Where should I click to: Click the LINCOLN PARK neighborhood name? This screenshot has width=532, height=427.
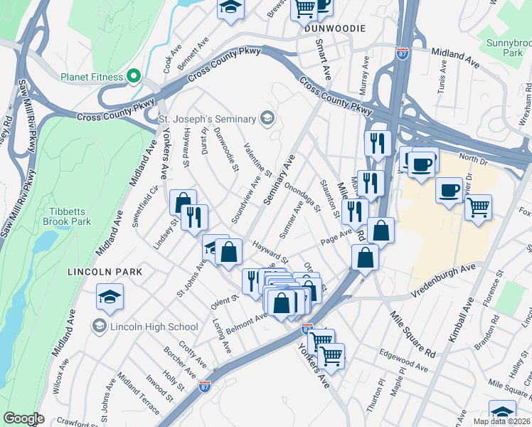105,272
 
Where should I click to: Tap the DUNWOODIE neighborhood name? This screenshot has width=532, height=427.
334,28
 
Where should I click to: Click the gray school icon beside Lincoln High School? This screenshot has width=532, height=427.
100,327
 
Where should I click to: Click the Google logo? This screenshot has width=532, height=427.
23,418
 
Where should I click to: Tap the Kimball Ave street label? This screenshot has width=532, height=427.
459,320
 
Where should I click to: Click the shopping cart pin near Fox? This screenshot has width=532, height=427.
478,208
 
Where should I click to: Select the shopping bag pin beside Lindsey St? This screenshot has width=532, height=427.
183,203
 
